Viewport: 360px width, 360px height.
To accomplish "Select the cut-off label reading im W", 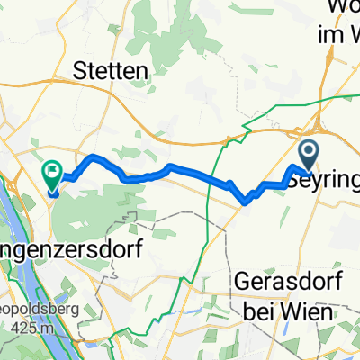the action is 337,36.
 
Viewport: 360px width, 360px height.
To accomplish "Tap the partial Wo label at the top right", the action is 342,11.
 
